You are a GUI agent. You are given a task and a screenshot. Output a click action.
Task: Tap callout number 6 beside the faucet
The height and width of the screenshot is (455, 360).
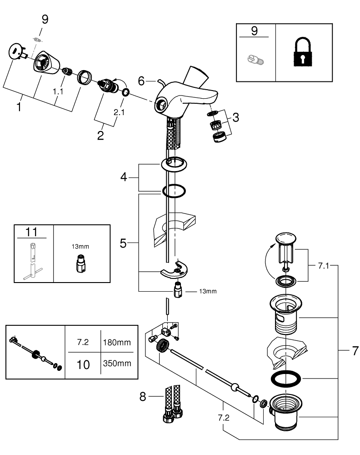click(141, 81)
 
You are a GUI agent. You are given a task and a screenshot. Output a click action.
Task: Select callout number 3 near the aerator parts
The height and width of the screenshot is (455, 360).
click(235, 117)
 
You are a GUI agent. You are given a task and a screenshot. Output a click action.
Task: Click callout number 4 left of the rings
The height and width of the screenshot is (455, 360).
click(124, 177)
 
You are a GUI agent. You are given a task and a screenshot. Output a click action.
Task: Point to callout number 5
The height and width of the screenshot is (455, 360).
click(123, 243)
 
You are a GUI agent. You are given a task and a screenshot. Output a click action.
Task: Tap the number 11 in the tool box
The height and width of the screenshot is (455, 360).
click(31, 232)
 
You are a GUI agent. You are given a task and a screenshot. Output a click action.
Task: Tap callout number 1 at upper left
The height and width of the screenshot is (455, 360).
click(19, 108)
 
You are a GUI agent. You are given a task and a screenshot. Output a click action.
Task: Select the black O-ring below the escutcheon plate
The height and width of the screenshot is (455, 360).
click(174, 192)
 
